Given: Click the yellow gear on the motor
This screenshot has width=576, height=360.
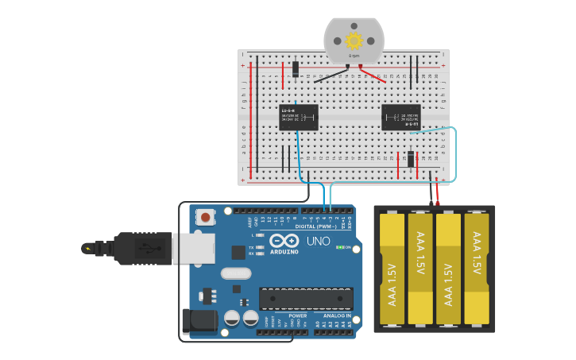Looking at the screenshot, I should pos(354,40).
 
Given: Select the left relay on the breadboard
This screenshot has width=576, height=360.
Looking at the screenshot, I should pos(299,117).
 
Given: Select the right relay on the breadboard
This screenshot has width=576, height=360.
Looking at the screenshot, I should pos(401,117).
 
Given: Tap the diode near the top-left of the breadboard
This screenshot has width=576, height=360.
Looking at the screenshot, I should pos(296,70).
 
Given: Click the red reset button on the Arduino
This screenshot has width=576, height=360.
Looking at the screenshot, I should pos(207,217).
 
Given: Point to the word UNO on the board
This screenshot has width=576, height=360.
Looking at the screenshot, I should pos(318,241).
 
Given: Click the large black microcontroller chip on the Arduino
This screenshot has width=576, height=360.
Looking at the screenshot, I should pos(305,298).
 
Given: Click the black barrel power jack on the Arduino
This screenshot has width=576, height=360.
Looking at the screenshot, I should pos(199,320).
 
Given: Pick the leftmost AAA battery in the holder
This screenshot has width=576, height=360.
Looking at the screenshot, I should pos(392,270).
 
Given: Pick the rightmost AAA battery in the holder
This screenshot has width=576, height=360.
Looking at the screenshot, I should pos(477,270).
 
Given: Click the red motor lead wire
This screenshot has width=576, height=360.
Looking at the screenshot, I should pos(373,75).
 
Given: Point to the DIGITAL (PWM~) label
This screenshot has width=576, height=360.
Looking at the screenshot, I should pos(316,226).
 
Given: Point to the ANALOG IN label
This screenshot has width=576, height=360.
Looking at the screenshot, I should pos(337,315).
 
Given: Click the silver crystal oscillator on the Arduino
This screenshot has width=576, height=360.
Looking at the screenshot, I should pos(236,274).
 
